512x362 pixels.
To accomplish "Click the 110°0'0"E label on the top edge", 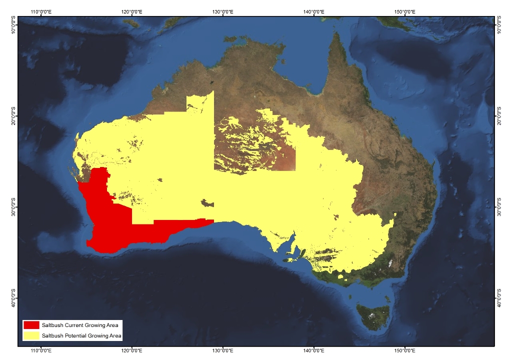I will [x=43, y=11].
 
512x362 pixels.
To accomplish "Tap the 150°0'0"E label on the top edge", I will [x=404, y=11].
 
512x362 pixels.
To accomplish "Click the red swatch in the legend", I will [x=31, y=325].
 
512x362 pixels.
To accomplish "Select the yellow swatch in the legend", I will [x=31, y=335].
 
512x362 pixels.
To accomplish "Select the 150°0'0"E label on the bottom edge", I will [x=404, y=350].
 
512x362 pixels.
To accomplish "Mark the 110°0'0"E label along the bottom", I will [x=43, y=350].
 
